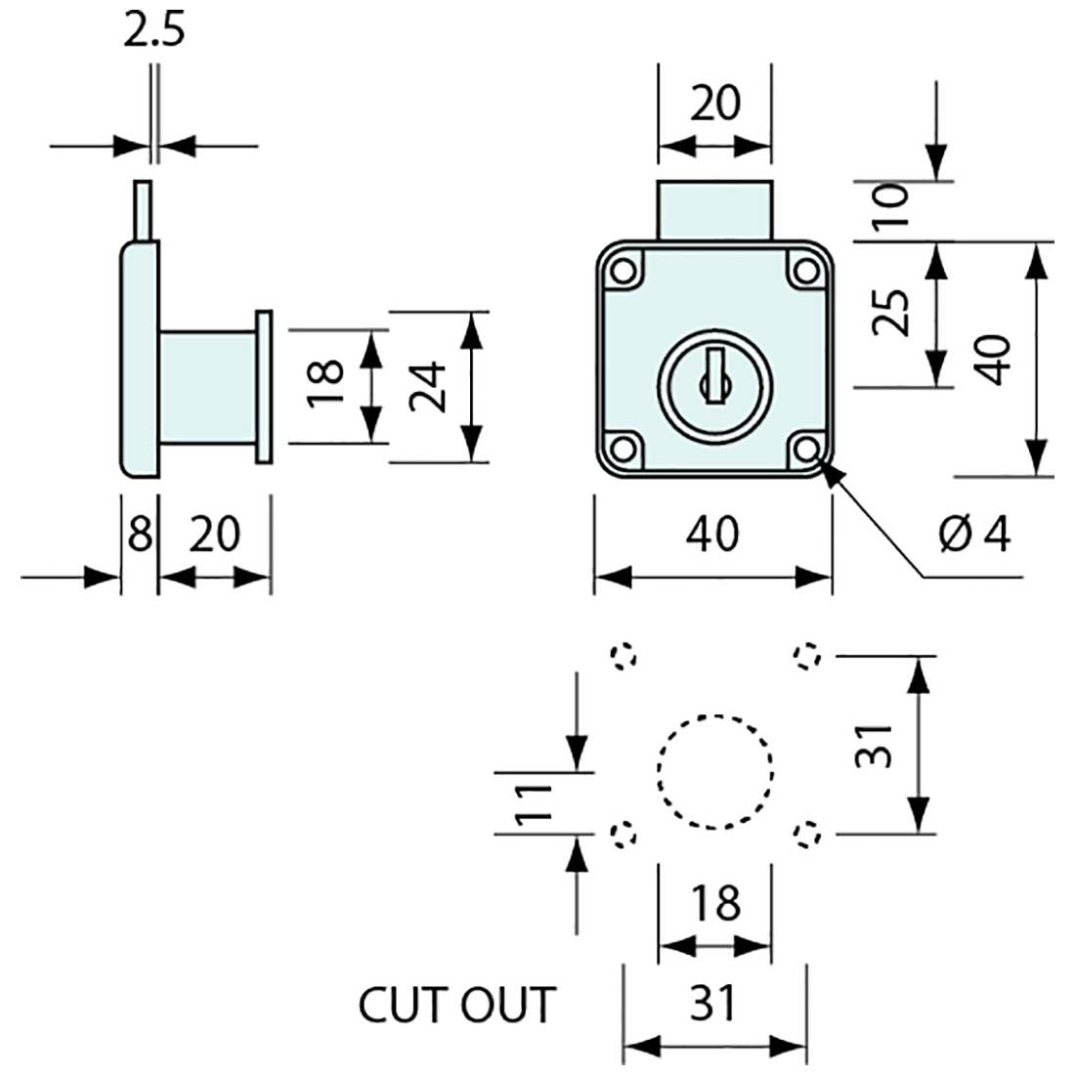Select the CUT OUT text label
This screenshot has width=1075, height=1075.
pyautogui.click(x=456, y=1004)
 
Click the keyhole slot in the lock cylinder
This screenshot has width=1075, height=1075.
pyautogui.click(x=714, y=372)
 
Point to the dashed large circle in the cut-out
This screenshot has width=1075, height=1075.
pyautogui.click(x=715, y=772)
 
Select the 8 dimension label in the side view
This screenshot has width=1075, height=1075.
pyautogui.click(x=140, y=535)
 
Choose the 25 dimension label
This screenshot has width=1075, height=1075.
pyautogui.click(x=890, y=313)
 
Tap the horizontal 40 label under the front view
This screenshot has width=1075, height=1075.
pyautogui.click(x=714, y=535)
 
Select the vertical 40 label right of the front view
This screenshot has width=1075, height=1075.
pyautogui.click(x=995, y=359)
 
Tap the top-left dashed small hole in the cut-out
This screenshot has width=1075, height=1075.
pyautogui.click(x=623, y=655)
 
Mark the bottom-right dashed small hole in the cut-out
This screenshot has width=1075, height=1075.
pyautogui.click(x=806, y=834)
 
